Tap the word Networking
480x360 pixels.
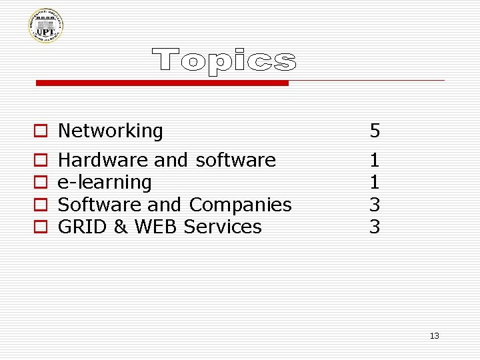(x=111, y=131)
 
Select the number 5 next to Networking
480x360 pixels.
(x=375, y=131)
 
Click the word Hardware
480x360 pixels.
(x=103, y=160)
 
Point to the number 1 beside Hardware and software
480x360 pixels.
(x=375, y=160)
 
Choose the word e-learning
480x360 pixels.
(x=105, y=182)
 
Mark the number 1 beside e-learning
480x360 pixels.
(x=375, y=182)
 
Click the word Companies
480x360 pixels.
(x=240, y=205)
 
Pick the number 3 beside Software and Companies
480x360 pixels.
(x=375, y=205)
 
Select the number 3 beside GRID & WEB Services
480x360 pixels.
(x=375, y=227)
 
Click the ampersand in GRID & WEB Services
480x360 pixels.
(x=121, y=227)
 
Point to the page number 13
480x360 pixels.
(x=435, y=335)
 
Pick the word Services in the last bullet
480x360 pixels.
(x=223, y=227)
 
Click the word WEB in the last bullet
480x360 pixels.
(x=157, y=227)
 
